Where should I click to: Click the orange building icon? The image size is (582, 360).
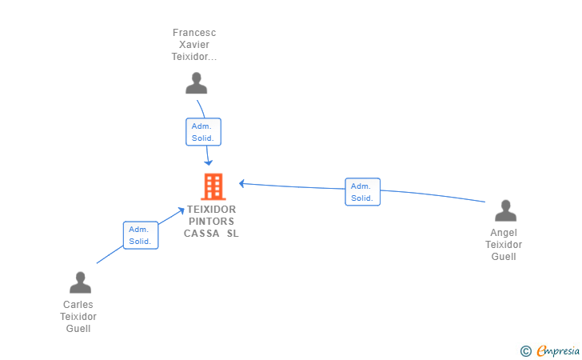click(213, 187)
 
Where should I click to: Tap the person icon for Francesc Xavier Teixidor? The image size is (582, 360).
click(197, 83)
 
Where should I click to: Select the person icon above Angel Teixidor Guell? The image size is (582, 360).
click(505, 210)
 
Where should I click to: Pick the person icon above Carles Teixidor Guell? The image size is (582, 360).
click(80, 282)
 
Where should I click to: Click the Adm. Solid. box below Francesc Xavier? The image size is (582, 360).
click(203, 132)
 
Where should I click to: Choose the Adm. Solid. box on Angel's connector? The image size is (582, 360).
click(363, 192)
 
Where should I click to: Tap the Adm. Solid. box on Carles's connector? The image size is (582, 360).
click(141, 235)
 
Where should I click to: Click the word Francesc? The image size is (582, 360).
click(194, 33)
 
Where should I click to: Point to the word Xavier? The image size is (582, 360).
click(194, 45)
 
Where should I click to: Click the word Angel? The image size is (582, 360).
click(504, 233)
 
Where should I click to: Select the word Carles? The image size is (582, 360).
click(78, 305)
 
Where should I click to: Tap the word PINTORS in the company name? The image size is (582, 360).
click(212, 222)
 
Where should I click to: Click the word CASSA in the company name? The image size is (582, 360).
click(201, 234)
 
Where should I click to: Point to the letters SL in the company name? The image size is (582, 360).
click(233, 234)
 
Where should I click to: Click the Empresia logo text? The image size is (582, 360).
click(558, 350)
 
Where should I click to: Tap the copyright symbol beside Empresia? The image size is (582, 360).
click(526, 351)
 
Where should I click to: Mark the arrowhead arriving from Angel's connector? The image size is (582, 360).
click(241, 183)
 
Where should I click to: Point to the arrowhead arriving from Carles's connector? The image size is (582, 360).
click(181, 211)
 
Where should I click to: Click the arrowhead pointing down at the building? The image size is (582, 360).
click(209, 162)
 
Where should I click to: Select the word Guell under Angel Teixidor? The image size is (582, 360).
click(504, 257)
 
